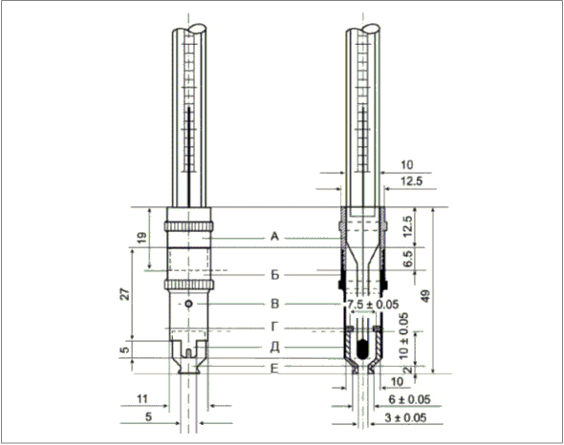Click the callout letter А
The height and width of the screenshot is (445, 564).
[x=274, y=237]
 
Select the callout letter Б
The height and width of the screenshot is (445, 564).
[x=274, y=275]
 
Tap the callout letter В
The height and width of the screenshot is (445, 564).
[x=274, y=304]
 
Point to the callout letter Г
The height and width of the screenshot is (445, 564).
[x=274, y=327]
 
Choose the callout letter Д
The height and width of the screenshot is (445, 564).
[x=274, y=348]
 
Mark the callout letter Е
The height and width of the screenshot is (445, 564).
[x=274, y=369]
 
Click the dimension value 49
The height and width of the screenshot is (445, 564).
[x=425, y=296]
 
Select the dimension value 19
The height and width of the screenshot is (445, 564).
[x=142, y=238]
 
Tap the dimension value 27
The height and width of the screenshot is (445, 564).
[x=125, y=294]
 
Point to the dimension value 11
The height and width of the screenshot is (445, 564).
[x=142, y=398]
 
